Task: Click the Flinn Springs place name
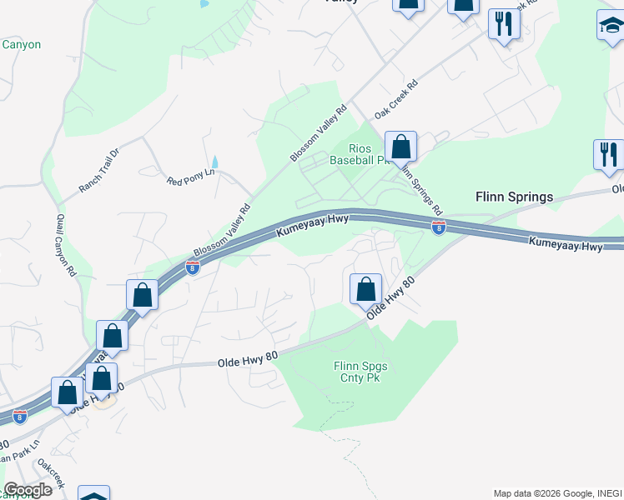pyautogui.click(x=514, y=197)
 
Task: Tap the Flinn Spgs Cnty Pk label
pyautogui.click(x=360, y=372)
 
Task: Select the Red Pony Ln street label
pyautogui.click(x=191, y=176)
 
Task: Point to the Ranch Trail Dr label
pyautogui.click(x=100, y=171)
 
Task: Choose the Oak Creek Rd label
pyautogui.click(x=396, y=98)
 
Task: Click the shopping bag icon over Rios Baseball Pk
pyautogui.click(x=401, y=147)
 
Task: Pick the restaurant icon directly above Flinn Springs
pyautogui.click(x=608, y=154)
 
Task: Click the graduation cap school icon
pyautogui.click(x=611, y=27)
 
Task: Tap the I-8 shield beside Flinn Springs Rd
pyautogui.click(x=438, y=227)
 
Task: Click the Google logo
pyautogui.click(x=28, y=489)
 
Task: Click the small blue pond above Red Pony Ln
pyautogui.click(x=214, y=162)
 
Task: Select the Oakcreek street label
pyautogui.click(x=51, y=477)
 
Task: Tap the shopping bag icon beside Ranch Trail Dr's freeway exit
pyautogui.click(x=142, y=295)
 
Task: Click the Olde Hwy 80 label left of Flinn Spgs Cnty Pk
pyautogui.click(x=247, y=360)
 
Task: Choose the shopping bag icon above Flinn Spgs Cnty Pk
pyautogui.click(x=365, y=290)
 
